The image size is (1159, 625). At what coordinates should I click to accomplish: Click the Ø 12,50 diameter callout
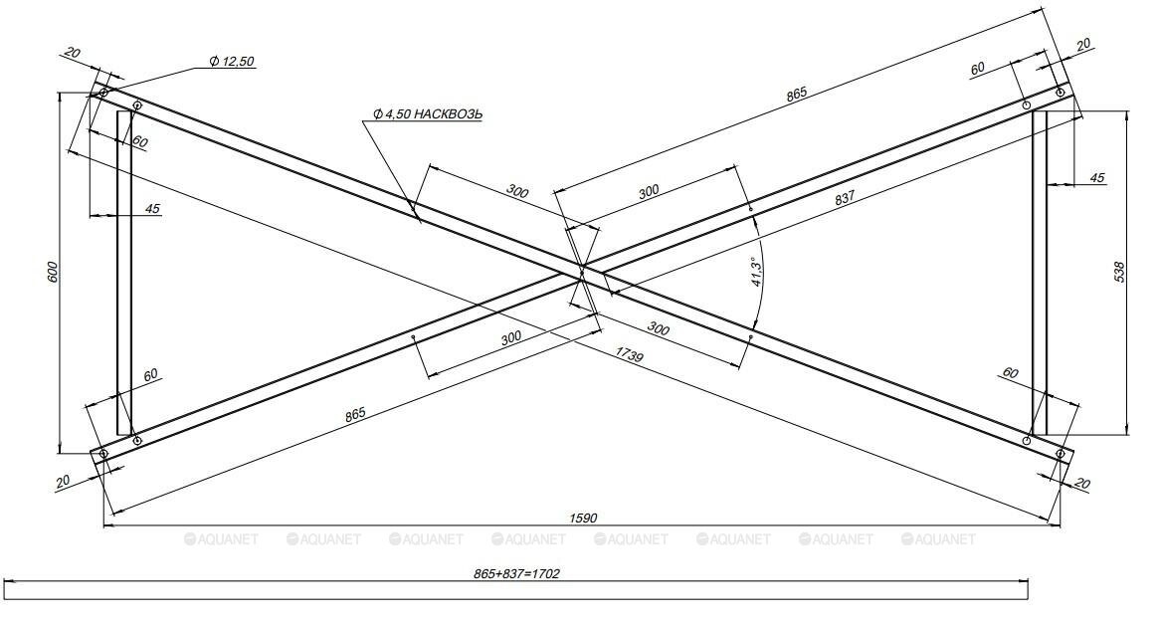[232, 62]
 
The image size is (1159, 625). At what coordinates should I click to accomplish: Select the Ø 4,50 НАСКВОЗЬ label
[428, 114]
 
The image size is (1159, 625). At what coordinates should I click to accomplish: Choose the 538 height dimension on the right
[1119, 272]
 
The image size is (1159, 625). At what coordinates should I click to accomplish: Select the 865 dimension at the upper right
[796, 94]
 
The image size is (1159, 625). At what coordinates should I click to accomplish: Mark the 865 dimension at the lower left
[355, 414]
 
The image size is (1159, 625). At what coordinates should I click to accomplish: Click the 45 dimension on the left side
[153, 209]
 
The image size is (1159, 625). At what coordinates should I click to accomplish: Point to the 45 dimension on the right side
[1097, 178]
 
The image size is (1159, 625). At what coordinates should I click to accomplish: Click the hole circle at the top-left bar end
[102, 93]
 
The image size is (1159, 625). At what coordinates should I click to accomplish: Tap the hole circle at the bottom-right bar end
[1061, 454]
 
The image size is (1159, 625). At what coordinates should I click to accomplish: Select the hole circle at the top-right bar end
[1061, 93]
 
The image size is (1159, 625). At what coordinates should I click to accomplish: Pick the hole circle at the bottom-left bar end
[102, 454]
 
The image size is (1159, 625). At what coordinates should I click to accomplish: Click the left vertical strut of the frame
[124, 272]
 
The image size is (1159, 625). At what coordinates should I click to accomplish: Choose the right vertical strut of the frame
[1040, 272]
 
